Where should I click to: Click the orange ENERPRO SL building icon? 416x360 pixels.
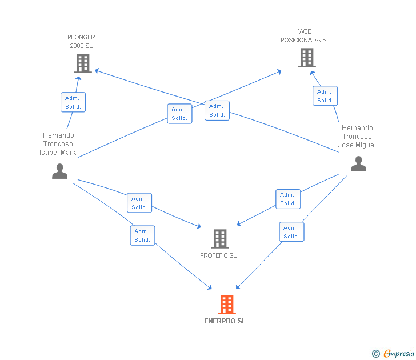[227, 305]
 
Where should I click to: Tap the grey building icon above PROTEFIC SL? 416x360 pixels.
[220, 238]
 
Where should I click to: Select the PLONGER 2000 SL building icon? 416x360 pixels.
[83, 63]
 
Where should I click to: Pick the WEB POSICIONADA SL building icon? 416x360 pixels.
[307, 58]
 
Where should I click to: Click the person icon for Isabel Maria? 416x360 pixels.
[59, 171]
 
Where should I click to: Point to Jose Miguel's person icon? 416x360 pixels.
[358, 163]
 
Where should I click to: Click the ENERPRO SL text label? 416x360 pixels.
[225, 321]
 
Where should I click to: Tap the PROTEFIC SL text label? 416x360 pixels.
[218, 255]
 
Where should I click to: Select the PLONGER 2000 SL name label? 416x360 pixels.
[81, 41]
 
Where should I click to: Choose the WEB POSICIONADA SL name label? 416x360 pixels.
[305, 36]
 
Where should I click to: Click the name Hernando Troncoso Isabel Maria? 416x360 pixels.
[58, 144]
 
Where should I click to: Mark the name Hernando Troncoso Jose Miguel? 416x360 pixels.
[357, 137]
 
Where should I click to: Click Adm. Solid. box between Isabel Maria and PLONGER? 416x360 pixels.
[73, 102]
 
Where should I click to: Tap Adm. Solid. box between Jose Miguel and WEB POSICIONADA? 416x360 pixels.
[325, 96]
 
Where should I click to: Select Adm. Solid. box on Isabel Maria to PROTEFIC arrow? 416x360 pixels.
[139, 203]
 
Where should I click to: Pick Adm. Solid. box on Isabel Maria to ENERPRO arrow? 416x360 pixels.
[142, 235]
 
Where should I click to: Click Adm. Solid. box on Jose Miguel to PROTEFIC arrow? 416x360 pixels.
[288, 199]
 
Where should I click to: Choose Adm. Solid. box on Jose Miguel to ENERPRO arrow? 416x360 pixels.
[291, 232]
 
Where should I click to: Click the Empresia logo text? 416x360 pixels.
[399, 353]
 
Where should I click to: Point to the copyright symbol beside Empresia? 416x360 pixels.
[376, 354]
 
